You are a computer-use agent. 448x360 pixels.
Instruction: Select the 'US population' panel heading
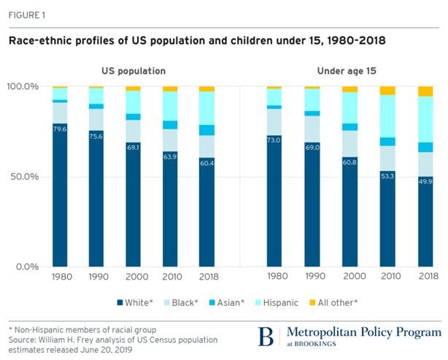click(134, 71)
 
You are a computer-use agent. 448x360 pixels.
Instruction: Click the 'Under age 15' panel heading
click(349, 71)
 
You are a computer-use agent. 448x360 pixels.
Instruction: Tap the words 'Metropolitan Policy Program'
click(363, 332)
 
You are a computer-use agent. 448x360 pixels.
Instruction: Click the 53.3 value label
click(387, 176)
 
